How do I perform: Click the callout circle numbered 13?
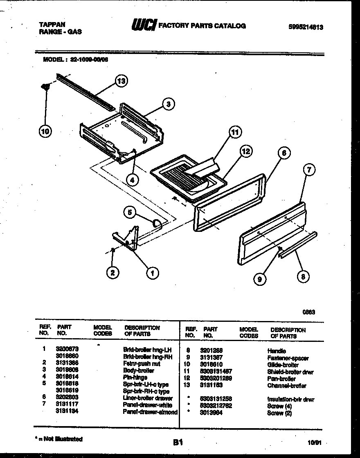click(x=120, y=81)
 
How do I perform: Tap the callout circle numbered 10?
click(x=45, y=132)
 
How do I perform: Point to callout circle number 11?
click(x=234, y=132)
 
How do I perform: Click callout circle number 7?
click(x=310, y=169)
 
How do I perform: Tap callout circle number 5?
click(x=130, y=212)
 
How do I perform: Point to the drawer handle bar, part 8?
click(x=297, y=245)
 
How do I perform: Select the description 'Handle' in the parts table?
click(x=277, y=351)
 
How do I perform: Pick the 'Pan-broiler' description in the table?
click(x=281, y=379)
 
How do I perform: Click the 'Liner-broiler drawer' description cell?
click(x=148, y=398)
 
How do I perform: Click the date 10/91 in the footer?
click(x=314, y=442)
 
